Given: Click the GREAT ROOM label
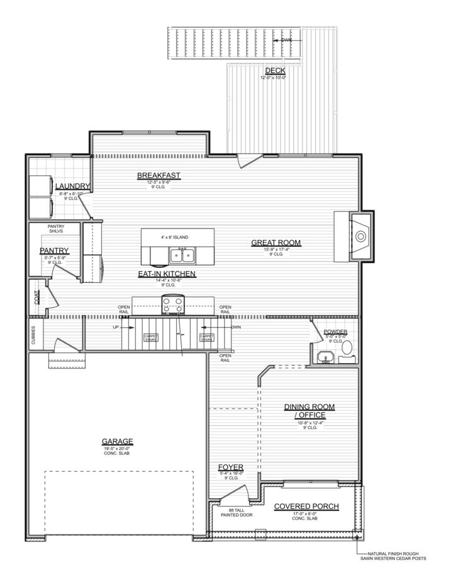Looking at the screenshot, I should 276,242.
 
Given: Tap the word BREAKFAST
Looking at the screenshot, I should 159,175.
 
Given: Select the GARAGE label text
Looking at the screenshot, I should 117,441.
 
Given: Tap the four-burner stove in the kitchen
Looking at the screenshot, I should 172,305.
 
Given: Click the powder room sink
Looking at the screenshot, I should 325,357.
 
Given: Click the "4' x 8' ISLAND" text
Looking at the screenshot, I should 177,237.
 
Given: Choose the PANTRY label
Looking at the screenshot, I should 53,251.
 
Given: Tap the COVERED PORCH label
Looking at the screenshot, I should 308,506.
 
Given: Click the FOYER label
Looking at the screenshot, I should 230,467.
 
